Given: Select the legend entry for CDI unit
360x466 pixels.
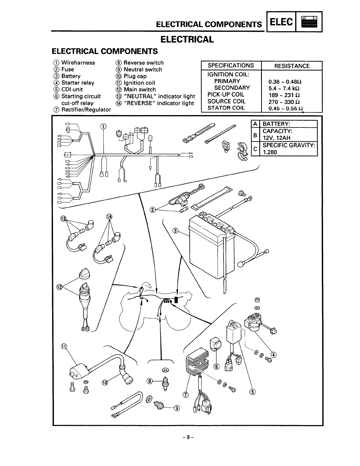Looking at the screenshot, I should pos(72,89).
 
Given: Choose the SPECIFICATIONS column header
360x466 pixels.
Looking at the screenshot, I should pos(231,65).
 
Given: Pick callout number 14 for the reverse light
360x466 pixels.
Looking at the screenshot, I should pos(109,217).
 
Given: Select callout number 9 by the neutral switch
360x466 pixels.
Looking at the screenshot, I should pos(177,408).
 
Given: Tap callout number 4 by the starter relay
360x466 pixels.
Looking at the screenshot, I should pos(274,354).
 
